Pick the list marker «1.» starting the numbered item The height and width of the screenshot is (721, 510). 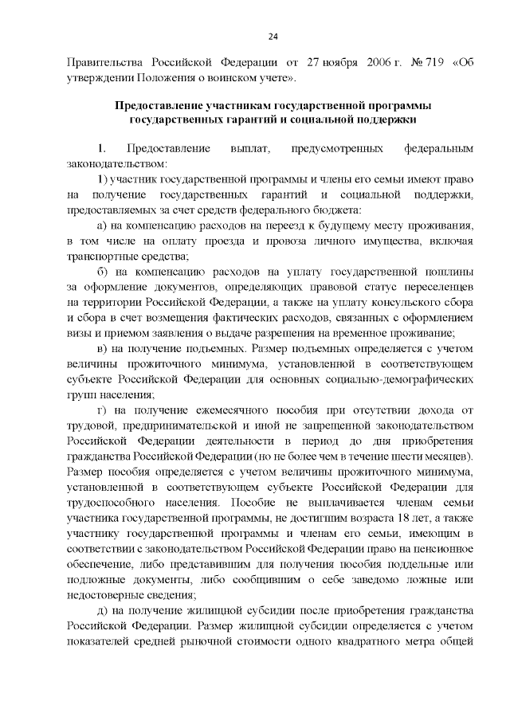coord(101,149)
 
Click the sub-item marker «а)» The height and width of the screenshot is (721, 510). coord(100,225)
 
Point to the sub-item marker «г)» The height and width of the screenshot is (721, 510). coord(100,409)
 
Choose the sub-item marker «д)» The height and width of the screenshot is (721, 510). coord(100,609)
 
